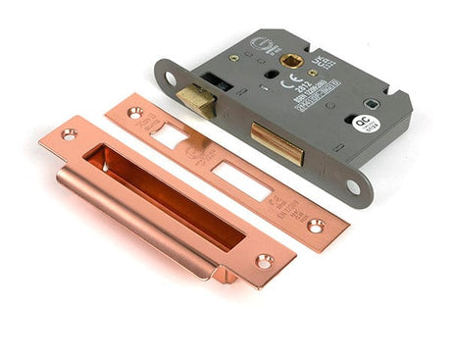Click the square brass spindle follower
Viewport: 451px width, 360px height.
coord(289,60)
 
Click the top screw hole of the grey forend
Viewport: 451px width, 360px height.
coord(169,77)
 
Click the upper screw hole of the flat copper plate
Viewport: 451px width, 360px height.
coord(134,113)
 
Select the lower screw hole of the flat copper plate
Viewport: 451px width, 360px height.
coord(316,226)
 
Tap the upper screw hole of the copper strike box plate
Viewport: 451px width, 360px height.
coord(69,134)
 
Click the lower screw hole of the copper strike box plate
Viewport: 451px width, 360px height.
coord(264,261)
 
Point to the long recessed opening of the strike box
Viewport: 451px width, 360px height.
coord(167,197)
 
